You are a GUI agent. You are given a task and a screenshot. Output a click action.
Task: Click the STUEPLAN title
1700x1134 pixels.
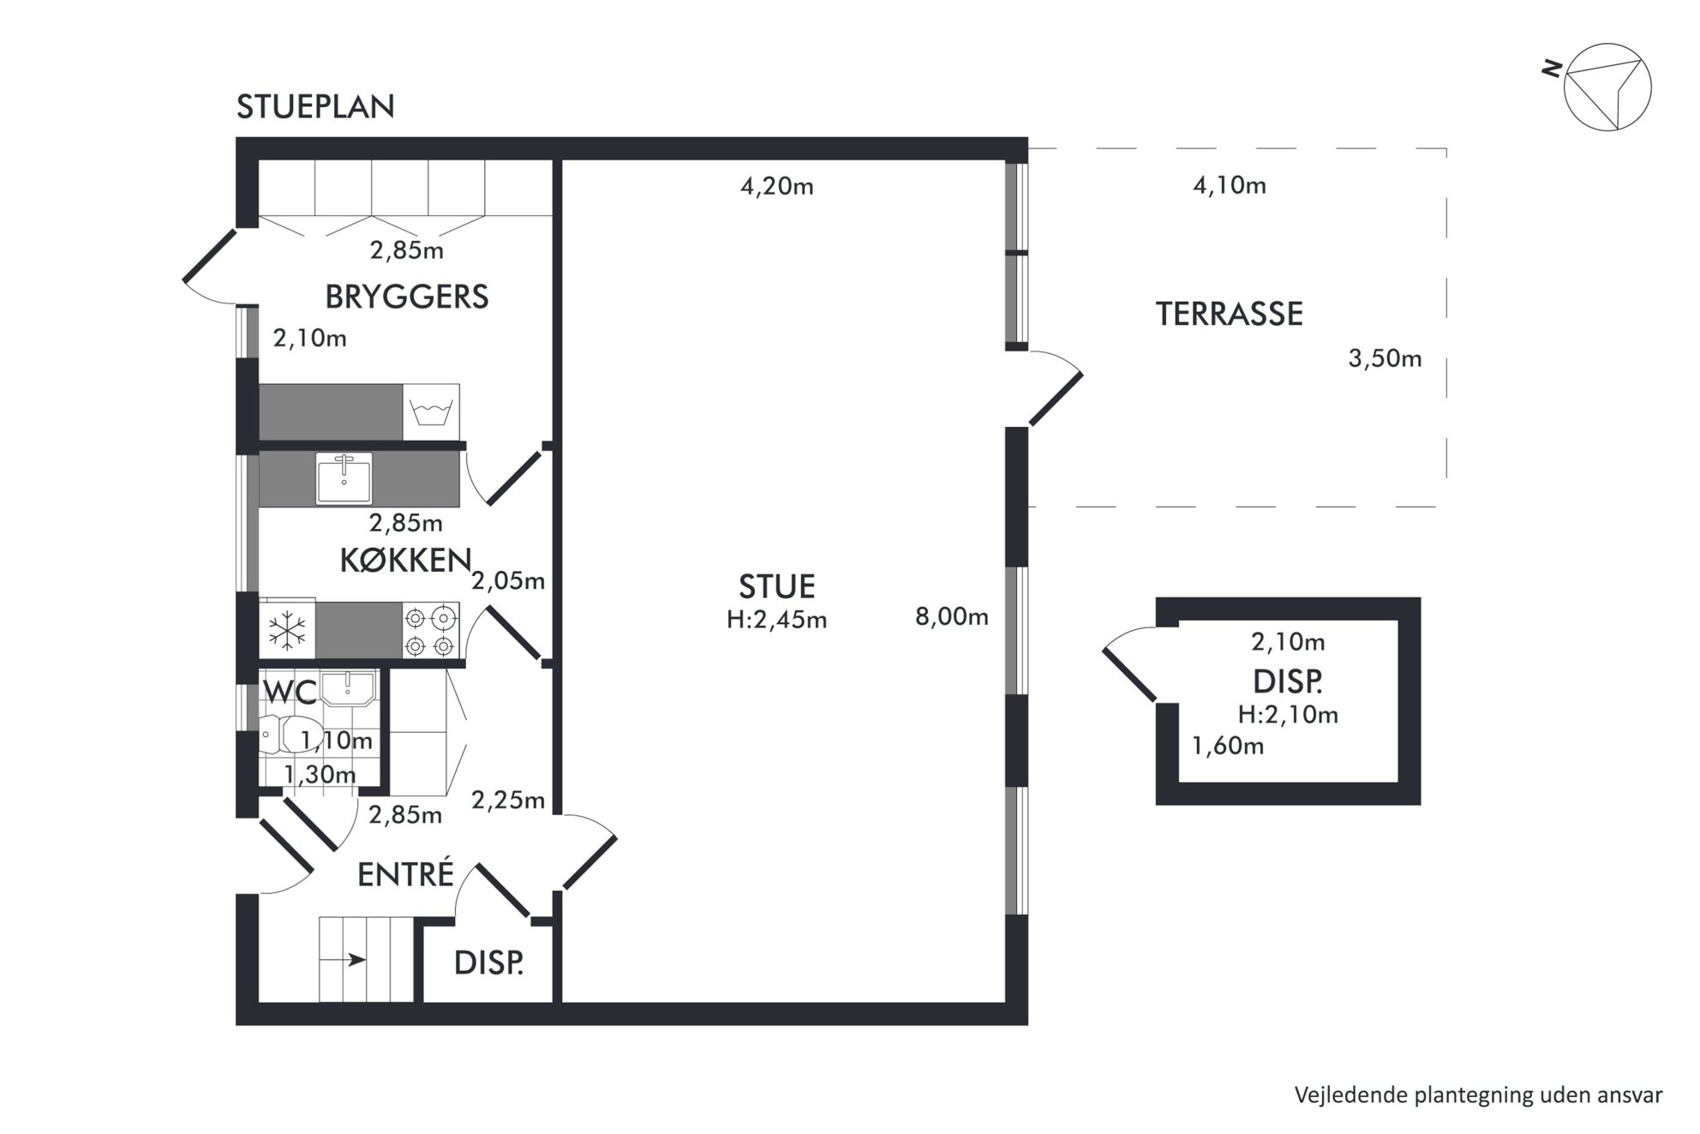tap(315, 107)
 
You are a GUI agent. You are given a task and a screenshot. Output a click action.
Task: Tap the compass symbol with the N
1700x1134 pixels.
tap(1602, 87)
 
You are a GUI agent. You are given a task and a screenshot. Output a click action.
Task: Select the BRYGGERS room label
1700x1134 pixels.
tap(407, 297)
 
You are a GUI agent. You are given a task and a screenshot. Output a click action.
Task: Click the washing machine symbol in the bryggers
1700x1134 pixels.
tap(431, 412)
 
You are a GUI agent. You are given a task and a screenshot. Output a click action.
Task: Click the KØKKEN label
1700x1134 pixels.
tap(406, 561)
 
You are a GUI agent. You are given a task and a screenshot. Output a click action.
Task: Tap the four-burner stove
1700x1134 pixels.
tap(430, 631)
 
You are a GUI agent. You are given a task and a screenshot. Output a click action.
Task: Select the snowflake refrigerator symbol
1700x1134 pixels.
tap(287, 632)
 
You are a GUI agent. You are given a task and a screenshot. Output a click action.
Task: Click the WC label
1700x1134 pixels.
tap(290, 691)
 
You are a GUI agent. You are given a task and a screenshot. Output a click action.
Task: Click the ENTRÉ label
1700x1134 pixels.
tap(405, 875)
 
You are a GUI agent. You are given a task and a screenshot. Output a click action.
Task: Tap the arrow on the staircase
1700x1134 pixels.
tap(356, 960)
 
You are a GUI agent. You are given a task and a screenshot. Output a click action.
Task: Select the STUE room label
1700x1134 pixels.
tap(777, 587)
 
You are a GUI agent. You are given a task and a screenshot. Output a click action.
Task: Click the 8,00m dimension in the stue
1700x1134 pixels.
tap(952, 616)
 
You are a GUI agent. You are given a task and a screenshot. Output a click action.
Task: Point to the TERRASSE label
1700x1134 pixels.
tap(1230, 315)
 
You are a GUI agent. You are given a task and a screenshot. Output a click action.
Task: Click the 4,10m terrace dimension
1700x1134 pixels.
tap(1230, 185)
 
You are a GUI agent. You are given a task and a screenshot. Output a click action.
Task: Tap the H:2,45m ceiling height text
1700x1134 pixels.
tap(777, 620)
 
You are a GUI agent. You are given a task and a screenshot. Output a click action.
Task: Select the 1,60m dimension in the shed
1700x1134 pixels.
tap(1228, 746)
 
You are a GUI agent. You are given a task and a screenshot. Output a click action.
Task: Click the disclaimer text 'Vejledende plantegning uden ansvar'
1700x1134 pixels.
tap(1479, 1095)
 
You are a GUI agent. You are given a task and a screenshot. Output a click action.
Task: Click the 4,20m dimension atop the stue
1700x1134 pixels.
tap(777, 186)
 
